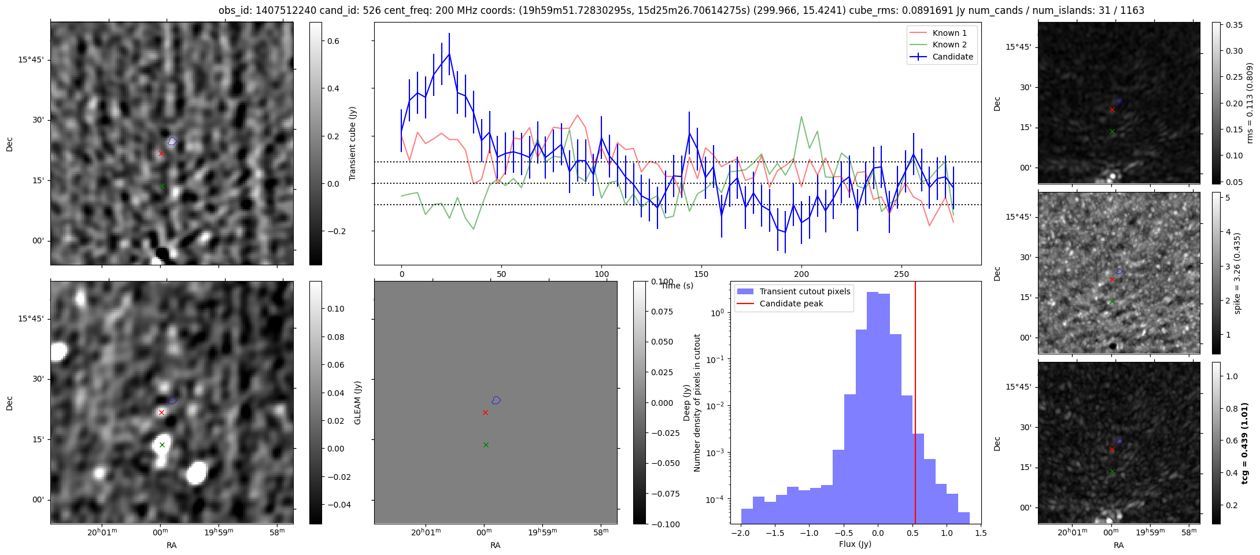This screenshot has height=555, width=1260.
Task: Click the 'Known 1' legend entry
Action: click(949, 33)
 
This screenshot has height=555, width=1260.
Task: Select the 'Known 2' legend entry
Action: click(949, 45)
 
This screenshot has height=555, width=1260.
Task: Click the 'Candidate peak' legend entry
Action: click(790, 304)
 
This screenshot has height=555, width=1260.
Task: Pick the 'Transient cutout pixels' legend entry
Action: click(804, 291)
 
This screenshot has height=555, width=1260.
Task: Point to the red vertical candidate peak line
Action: click(915, 405)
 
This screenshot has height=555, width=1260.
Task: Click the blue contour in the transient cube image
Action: click(172, 141)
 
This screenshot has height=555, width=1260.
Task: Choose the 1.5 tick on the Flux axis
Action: click(981, 534)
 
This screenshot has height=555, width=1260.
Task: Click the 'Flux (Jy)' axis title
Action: click(855, 544)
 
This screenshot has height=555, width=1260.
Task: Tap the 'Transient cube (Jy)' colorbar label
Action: click(353, 143)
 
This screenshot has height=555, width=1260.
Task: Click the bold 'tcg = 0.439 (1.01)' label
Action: click(1245, 443)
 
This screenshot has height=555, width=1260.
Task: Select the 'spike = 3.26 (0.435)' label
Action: click(1237, 273)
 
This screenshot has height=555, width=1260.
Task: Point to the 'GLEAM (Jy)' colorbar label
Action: click(357, 402)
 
